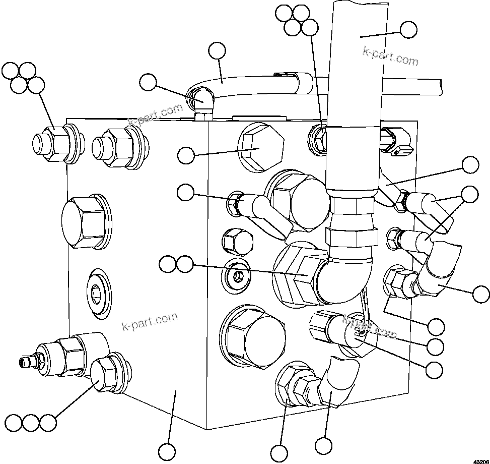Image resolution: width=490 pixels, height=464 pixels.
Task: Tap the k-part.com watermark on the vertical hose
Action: coord(390,57)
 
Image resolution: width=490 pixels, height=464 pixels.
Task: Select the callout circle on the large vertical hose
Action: coord(408,30)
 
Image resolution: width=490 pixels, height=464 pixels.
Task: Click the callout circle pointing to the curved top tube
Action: coord(217,51)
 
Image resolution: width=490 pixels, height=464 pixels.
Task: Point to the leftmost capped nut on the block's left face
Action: coord(52,143)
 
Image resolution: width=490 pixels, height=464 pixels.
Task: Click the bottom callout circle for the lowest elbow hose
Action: coord(324,445)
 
